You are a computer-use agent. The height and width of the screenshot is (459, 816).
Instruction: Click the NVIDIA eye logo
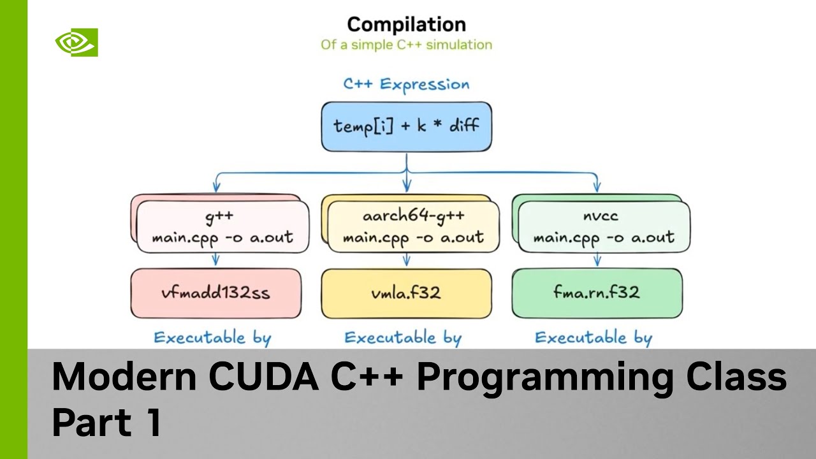pos(76,43)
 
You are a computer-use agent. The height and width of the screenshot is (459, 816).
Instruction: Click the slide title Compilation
pos(406,25)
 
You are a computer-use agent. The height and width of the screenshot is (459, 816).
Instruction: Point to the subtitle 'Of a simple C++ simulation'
pos(406,45)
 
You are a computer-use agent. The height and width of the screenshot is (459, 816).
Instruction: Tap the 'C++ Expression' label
pos(406,84)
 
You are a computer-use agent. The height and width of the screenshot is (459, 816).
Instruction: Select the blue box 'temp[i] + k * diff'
pos(406,126)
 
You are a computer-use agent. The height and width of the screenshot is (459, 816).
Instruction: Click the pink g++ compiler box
pos(222,227)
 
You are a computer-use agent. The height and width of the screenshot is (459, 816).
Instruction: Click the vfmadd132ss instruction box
pos(216,293)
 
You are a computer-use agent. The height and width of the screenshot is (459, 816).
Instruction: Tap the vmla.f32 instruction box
pos(406,293)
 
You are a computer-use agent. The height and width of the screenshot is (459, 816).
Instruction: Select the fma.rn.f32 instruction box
pos(597,293)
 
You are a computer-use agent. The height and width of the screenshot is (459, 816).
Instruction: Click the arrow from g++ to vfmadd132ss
pos(216,259)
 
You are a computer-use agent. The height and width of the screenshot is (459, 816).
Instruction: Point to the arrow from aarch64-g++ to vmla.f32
pos(406,259)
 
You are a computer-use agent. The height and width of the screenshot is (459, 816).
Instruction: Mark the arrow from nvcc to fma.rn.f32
pos(597,259)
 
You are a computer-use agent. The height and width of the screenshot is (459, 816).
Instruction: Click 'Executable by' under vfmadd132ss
pos(212,337)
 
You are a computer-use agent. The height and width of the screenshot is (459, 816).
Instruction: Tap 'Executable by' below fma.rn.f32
pos(594,337)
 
